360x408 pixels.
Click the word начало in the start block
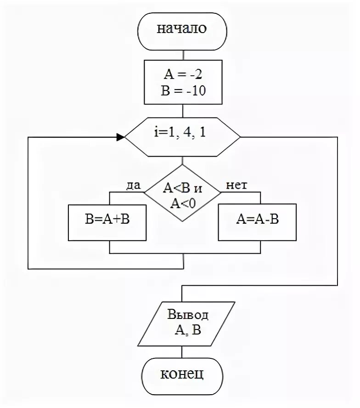[182, 29]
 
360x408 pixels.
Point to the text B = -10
[183, 90]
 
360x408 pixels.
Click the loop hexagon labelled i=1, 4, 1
[182, 137]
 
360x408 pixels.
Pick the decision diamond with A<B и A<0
[182, 195]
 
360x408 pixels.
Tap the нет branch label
[236, 185]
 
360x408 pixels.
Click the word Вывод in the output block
[188, 315]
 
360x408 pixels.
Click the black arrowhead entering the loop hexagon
[120, 137]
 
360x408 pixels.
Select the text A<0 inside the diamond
[183, 204]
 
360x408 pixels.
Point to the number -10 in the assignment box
[195, 90]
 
